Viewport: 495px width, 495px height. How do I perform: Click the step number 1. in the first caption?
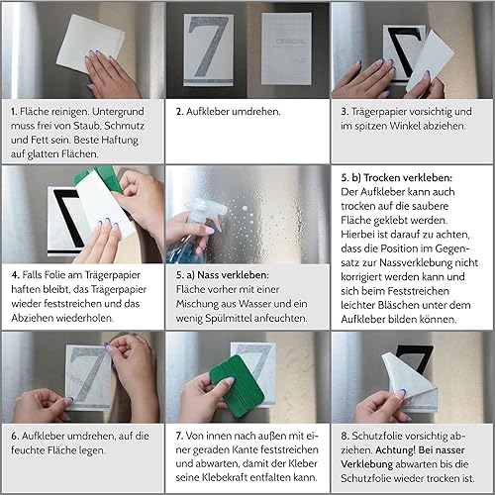coord(14,112)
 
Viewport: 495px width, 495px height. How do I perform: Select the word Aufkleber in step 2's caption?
coord(208,112)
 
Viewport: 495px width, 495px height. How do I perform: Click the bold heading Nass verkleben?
coord(233,275)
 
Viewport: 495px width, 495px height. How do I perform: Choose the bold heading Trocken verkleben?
coord(408,178)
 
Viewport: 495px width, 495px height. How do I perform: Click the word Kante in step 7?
coord(238,449)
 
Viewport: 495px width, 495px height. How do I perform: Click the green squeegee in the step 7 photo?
coord(238,385)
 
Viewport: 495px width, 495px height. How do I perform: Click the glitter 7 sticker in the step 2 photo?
coord(208,49)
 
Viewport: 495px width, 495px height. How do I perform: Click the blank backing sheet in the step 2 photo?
coord(286,49)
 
